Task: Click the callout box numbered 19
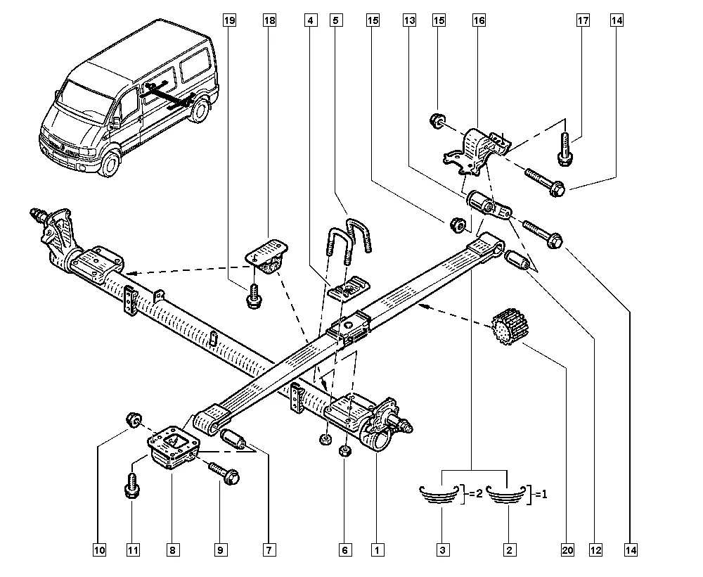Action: click(228, 21)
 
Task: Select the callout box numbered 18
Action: click(269, 21)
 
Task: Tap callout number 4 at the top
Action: click(309, 21)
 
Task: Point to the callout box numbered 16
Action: click(479, 21)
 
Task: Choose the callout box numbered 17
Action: click(583, 21)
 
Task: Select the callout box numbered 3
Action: click(443, 550)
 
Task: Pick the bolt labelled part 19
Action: click(252, 297)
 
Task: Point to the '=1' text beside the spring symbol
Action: click(541, 494)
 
